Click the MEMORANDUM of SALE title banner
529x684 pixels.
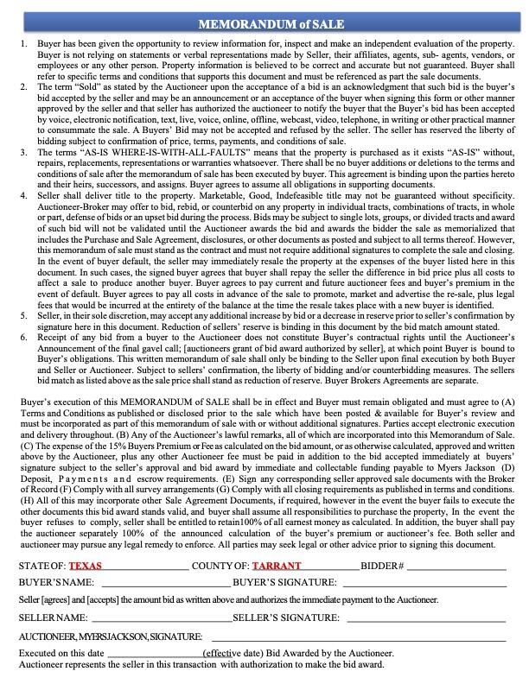point(264,23)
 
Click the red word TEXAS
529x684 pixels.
point(85,567)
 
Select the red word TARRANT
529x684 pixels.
point(277,567)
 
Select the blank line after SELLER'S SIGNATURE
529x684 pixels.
point(424,619)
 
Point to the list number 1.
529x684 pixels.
point(22,42)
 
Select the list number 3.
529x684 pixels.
point(22,151)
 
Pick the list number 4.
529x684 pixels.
point(22,196)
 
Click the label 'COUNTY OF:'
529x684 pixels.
point(220,567)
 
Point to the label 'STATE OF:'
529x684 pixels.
point(41,567)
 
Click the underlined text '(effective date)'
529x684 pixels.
point(234,654)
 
